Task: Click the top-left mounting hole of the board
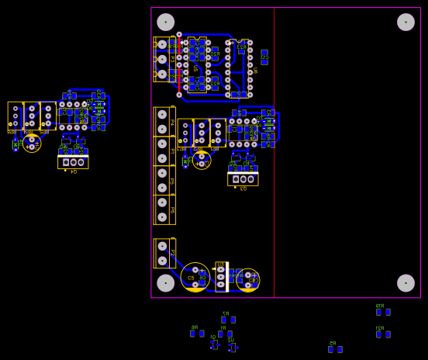coord(166,22)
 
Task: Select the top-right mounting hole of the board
coord(406,22)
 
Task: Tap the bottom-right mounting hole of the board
coord(406,283)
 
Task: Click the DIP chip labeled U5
coord(197,65)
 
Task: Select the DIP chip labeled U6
coord(239,68)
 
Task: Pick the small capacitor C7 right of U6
coord(264,57)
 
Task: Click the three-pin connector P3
coord(162,59)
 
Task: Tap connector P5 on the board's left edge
coord(162,180)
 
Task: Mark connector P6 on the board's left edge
coord(162,209)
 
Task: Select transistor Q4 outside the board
coord(73,162)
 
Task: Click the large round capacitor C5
coord(195,277)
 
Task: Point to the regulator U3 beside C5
coord(220,277)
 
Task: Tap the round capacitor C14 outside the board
coord(32,144)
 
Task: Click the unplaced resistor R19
coord(382,312)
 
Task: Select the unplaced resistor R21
coord(382,334)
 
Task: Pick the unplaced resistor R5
coord(335,349)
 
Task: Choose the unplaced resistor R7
coord(228,320)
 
